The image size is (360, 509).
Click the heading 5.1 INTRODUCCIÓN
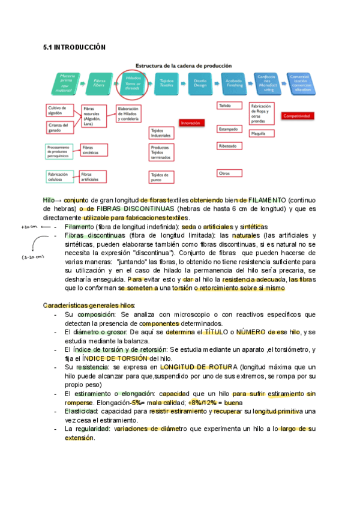74,47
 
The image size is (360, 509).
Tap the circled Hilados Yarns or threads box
133,82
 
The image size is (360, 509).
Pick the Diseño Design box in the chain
200,82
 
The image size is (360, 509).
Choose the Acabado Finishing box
233,82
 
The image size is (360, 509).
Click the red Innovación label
191,122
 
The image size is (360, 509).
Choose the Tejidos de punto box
162,176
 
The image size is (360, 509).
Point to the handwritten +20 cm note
29,227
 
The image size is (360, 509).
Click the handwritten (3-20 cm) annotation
32,257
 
